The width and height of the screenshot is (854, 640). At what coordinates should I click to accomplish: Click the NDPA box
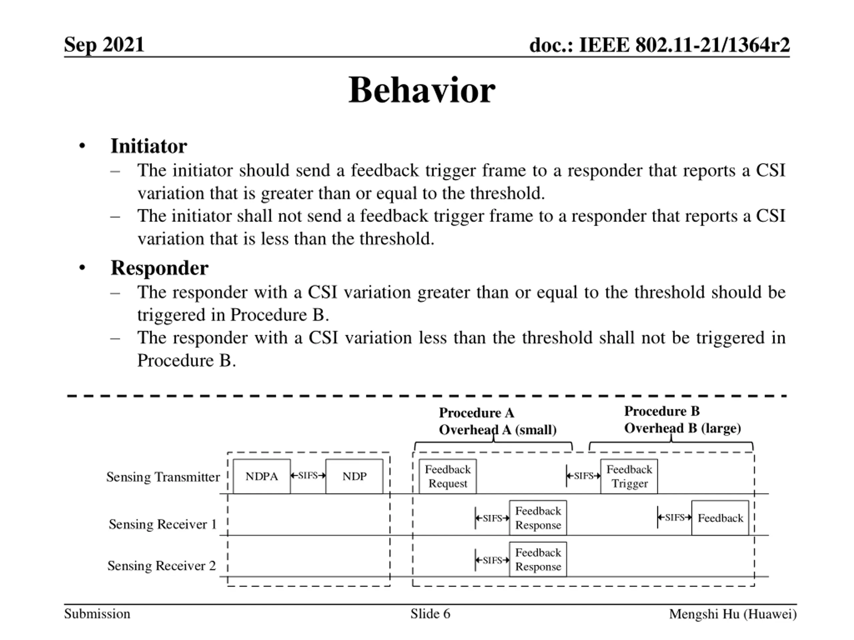tap(262, 476)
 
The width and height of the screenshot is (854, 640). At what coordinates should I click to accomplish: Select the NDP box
tap(354, 476)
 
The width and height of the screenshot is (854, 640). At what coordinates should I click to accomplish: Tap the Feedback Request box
tap(447, 476)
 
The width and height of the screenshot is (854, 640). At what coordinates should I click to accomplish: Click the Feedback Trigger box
tap(629, 476)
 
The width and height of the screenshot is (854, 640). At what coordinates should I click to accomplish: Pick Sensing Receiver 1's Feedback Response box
tap(538, 518)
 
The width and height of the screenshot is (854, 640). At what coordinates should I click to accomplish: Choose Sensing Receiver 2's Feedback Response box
tap(538, 559)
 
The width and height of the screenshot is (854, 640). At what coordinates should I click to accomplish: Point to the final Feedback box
tap(720, 518)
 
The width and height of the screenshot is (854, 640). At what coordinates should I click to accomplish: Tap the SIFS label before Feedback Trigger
tap(583, 476)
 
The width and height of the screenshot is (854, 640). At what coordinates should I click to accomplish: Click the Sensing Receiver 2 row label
tap(161, 566)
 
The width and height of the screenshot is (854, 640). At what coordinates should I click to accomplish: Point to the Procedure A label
tap(476, 413)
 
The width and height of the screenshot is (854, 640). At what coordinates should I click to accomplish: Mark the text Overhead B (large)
tap(682, 428)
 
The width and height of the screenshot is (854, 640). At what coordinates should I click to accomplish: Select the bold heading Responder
tap(159, 268)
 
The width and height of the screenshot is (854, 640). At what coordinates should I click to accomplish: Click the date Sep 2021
tap(104, 44)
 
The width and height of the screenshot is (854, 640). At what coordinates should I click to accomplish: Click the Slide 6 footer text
tap(430, 614)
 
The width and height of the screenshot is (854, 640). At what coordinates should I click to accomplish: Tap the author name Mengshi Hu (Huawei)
tap(732, 614)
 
